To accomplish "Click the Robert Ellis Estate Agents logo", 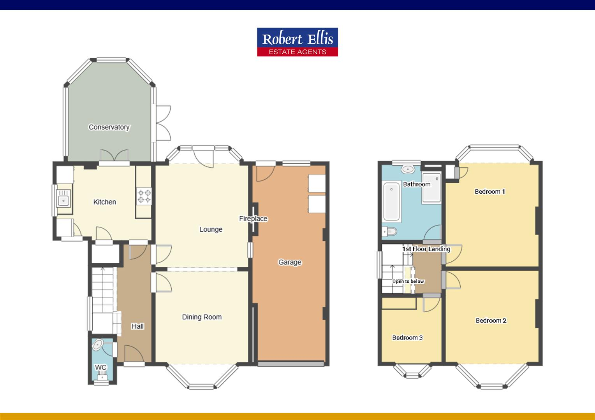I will coord(297,42).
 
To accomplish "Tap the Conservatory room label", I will coord(109,127).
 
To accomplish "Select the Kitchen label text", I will coord(105,202).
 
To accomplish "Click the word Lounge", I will coord(211,229).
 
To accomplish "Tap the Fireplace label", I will coord(253,219).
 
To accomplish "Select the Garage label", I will coord(290,262).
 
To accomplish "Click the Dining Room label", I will coord(202,317).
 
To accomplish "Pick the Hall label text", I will coord(137,326).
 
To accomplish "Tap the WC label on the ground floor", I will coord(100,367).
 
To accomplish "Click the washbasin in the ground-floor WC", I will coord(97,345).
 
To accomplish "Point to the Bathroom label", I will coord(417,184).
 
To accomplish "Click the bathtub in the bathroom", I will coord(392,202).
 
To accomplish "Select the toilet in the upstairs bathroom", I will coord(390,232).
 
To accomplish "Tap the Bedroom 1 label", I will coord(490,191).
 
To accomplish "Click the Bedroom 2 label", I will coord(491,320).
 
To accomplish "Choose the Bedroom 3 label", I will coord(407,338).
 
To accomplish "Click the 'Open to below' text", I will coord(408,281).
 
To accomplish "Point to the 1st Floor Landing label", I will coord(426,249).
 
